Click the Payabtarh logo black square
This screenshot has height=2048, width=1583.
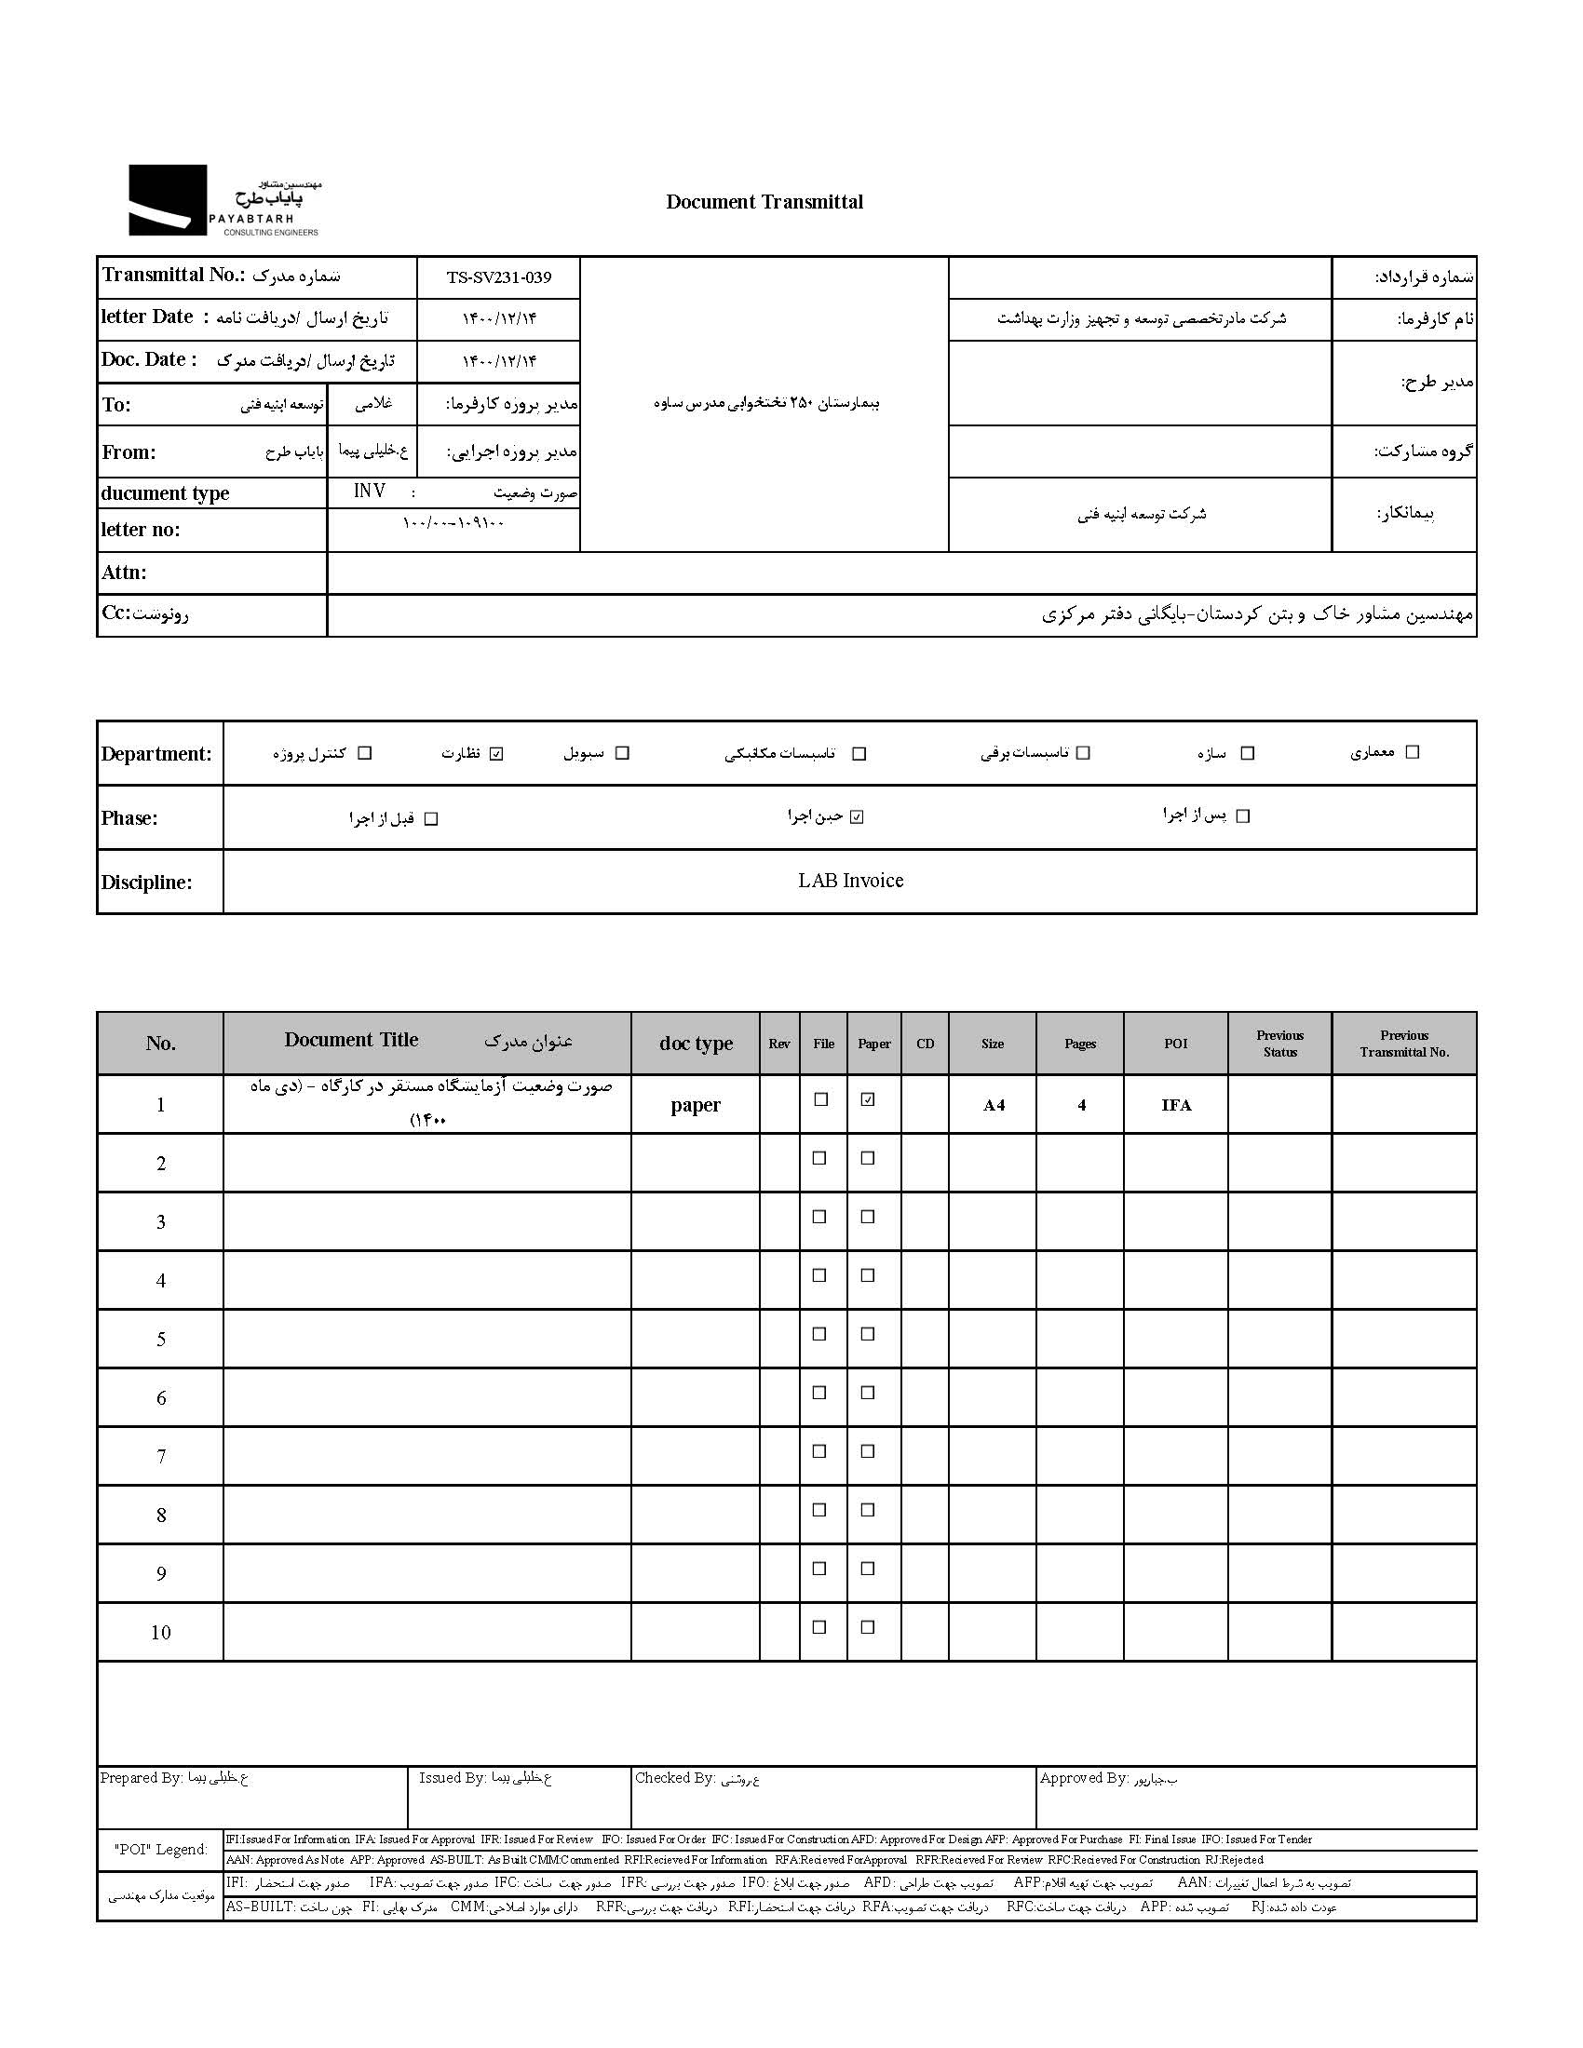pos(167,200)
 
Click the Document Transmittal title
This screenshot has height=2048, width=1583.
pos(764,202)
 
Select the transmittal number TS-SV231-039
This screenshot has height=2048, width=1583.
pos(499,277)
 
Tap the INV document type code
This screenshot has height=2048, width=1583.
pos(370,492)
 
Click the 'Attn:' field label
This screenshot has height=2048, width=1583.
pos(124,572)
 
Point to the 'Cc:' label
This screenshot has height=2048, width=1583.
pos(115,613)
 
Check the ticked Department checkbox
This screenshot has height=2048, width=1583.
pos(497,754)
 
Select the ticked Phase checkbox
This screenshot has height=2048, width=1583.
pos(856,816)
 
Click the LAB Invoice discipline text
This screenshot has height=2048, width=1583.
pos(850,881)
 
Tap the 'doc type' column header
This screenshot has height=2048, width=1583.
pos(695,1044)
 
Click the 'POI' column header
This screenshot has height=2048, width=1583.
pos(1175,1044)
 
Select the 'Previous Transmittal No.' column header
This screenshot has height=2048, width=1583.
pos(1404,1044)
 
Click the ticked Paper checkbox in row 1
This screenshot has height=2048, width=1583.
pos(868,1099)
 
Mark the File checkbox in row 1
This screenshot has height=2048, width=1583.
pos(821,1099)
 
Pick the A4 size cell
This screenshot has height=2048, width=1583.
pos(994,1106)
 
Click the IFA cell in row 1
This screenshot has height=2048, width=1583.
pos(1176,1106)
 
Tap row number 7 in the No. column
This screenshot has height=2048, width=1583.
pos(161,1456)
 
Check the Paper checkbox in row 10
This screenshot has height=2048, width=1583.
pos(868,1627)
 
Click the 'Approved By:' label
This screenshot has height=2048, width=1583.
pos(1083,1778)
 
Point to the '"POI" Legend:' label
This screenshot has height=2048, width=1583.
pos(161,1849)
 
